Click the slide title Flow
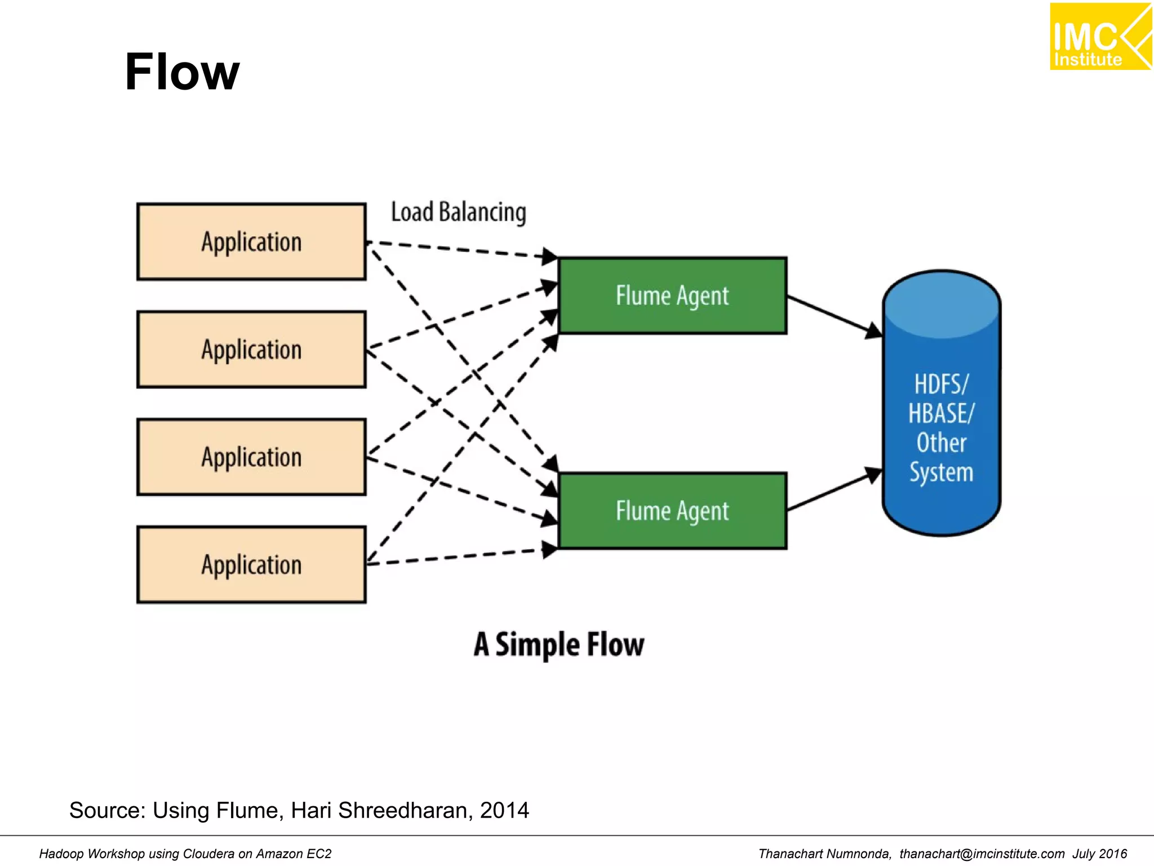click(182, 72)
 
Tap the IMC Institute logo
click(1100, 37)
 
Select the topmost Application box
click(251, 242)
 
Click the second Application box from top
click(251, 350)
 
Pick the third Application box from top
click(251, 457)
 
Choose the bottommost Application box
click(251, 565)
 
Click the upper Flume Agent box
click(672, 296)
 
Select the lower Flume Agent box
click(672, 511)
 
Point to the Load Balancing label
click(458, 213)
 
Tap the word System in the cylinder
click(941, 472)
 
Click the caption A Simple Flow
click(558, 644)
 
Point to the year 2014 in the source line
click(504, 810)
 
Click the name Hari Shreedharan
click(379, 810)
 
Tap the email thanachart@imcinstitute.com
click(982, 854)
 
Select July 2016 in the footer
click(1099, 854)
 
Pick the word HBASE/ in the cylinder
click(941, 413)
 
